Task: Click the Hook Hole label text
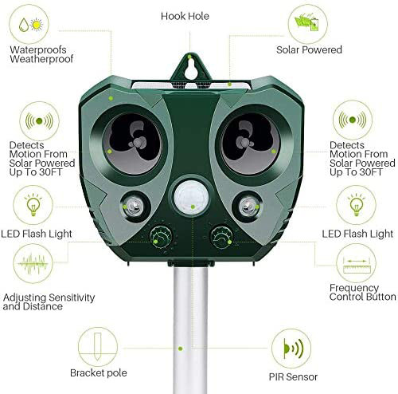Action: pos(185,16)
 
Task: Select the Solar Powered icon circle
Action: pos(308,25)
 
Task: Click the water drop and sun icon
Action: pos(29,24)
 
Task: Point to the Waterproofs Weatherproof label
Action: pos(41,54)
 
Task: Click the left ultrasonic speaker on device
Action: pos(132,144)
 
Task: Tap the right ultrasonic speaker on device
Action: pos(251,144)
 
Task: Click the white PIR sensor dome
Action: pos(191,199)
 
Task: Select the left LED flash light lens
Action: pos(135,206)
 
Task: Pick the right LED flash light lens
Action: pos(248,206)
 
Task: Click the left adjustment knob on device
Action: pos(161,238)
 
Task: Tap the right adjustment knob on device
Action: pos(221,238)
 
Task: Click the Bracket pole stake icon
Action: pos(98,347)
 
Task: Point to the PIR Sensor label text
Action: pos(293,376)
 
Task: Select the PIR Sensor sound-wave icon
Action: pos(291,349)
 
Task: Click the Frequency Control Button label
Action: pos(362,292)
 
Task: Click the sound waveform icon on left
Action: pos(33,263)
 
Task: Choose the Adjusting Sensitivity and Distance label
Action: pos(49,301)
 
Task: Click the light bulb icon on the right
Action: pos(356,205)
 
